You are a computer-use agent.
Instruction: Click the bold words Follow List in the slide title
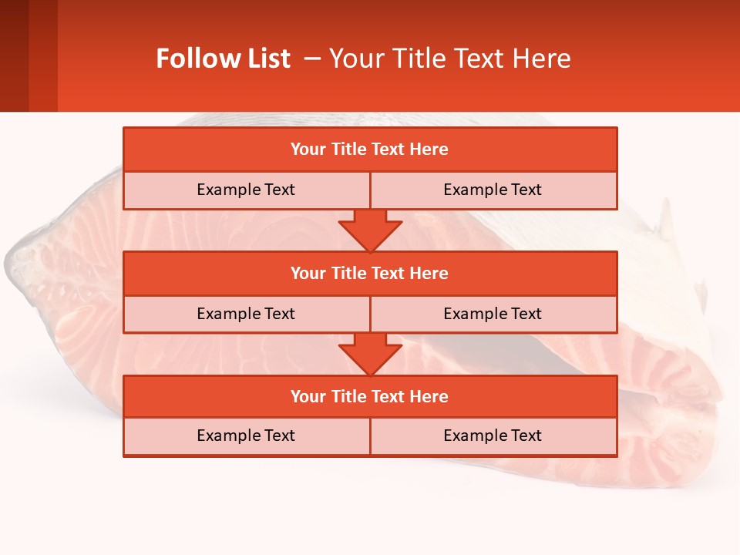coord(223,59)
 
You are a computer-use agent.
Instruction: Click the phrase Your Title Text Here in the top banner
coord(449,59)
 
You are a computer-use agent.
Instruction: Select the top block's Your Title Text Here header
coord(369,150)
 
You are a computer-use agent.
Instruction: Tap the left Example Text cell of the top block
coord(246,190)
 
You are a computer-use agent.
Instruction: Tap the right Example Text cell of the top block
coord(493,190)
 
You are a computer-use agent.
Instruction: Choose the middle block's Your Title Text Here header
coord(369,273)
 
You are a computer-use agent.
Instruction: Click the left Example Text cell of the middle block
coord(246,314)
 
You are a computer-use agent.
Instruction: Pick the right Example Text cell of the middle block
coord(493,314)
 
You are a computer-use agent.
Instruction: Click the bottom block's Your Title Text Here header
coord(369,396)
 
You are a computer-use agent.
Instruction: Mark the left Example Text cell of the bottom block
coord(246,436)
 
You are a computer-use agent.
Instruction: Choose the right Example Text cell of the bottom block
coord(493,436)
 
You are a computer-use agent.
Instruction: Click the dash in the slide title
coord(312,59)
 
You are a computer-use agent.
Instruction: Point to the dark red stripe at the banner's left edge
coord(14,55)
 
